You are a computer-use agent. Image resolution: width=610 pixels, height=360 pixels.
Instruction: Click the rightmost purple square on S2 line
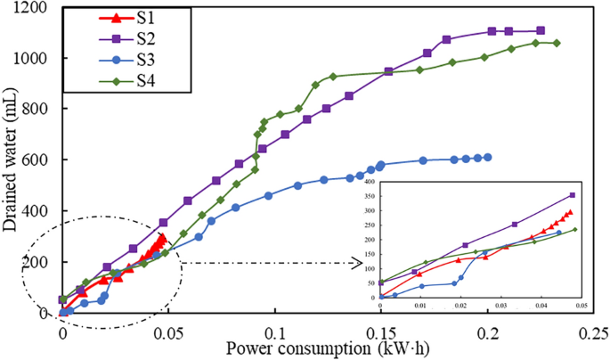tap(541, 31)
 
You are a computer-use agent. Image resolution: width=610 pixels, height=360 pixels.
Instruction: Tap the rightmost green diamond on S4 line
tap(557, 43)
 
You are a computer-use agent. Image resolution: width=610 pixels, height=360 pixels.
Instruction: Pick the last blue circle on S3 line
tap(487, 157)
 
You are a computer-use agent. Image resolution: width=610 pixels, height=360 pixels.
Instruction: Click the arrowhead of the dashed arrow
tap(361, 264)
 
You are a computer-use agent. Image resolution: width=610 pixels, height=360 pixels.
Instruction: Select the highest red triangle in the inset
tap(570, 213)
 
